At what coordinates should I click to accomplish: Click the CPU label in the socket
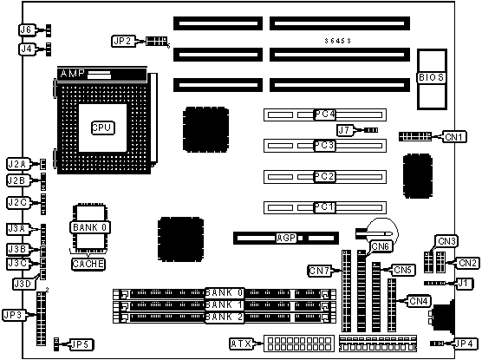coord(103,128)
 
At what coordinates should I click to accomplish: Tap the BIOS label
coord(431,77)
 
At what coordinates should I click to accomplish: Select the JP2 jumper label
coord(124,41)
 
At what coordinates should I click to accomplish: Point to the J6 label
coord(27,29)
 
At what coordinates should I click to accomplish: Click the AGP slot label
coord(286,238)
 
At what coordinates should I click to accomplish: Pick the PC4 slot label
coord(324,115)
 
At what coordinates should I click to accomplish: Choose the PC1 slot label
coord(324,207)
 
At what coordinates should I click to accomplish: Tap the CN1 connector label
coord(454,137)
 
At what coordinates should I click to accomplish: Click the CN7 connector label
coord(319,271)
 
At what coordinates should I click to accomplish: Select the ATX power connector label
coord(241,344)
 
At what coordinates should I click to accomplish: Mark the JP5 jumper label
coord(81,344)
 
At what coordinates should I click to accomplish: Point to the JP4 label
coord(466,344)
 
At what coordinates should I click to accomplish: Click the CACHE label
coord(88,264)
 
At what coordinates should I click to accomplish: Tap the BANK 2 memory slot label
coord(225,317)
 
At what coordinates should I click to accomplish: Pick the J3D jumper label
coord(23,284)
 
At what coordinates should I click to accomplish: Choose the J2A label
coord(18,164)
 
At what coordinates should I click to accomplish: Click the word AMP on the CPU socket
coord(73,74)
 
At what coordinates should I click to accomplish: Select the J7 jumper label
coord(345,130)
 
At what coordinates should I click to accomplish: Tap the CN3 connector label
coord(446,241)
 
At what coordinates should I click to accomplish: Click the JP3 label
coord(14,315)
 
